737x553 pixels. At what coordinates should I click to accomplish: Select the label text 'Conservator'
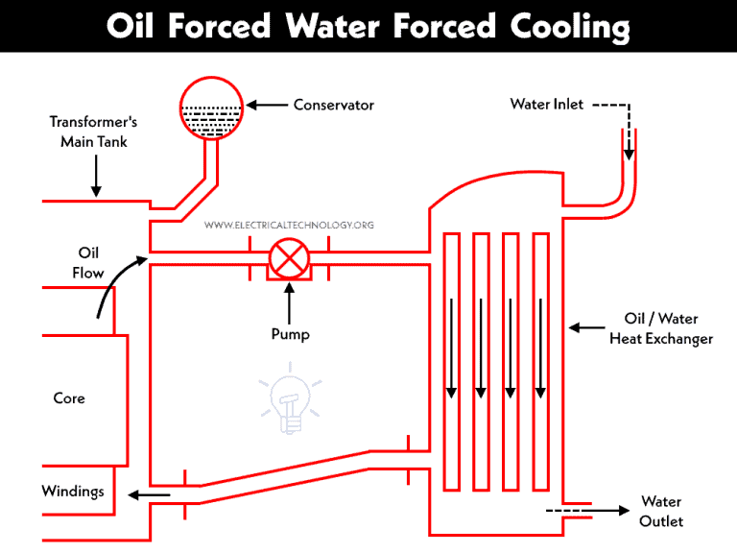(x=333, y=105)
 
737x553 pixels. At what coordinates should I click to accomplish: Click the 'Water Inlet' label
(x=546, y=104)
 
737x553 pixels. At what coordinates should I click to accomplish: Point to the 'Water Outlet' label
(x=661, y=511)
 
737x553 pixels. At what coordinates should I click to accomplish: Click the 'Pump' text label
(x=289, y=334)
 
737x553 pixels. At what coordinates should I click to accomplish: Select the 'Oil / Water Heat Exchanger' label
(x=660, y=328)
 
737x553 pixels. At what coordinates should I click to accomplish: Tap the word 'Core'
(x=69, y=397)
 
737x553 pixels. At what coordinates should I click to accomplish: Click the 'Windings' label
(x=73, y=491)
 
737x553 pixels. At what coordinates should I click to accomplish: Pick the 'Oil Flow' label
(x=88, y=262)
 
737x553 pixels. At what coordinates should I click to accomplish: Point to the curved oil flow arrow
(x=116, y=283)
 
